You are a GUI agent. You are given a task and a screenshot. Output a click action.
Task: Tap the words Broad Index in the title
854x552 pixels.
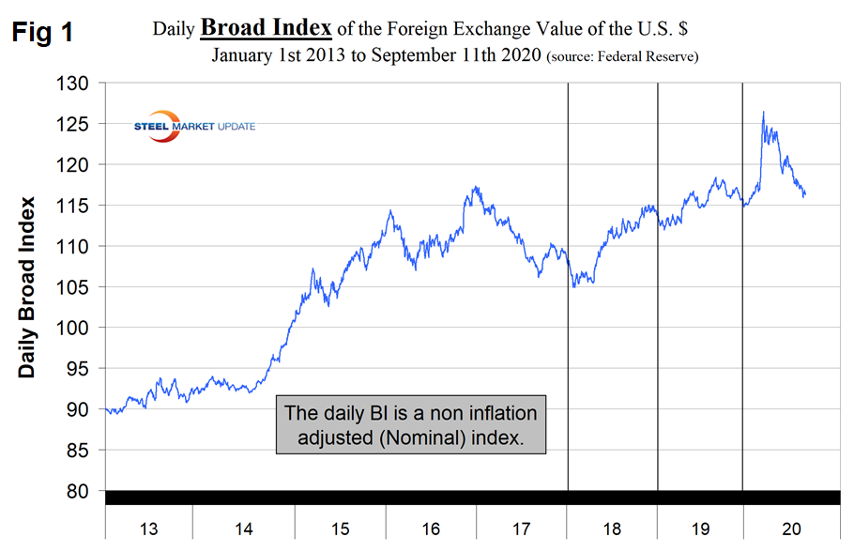[x=266, y=29]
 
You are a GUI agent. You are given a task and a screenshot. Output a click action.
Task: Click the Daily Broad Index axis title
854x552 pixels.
[x=27, y=286]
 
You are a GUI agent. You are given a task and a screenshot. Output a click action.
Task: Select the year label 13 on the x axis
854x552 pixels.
[x=148, y=529]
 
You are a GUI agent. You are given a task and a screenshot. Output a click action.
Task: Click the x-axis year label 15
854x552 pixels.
[x=340, y=529]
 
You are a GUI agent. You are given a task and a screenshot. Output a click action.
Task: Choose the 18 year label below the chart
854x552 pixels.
[x=613, y=529]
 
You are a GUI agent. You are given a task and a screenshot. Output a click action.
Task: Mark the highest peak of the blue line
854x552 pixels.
[x=763, y=113]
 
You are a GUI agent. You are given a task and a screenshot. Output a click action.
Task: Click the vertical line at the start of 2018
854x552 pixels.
[x=569, y=282]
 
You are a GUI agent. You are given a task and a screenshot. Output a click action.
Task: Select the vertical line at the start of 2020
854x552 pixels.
[x=742, y=282]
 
